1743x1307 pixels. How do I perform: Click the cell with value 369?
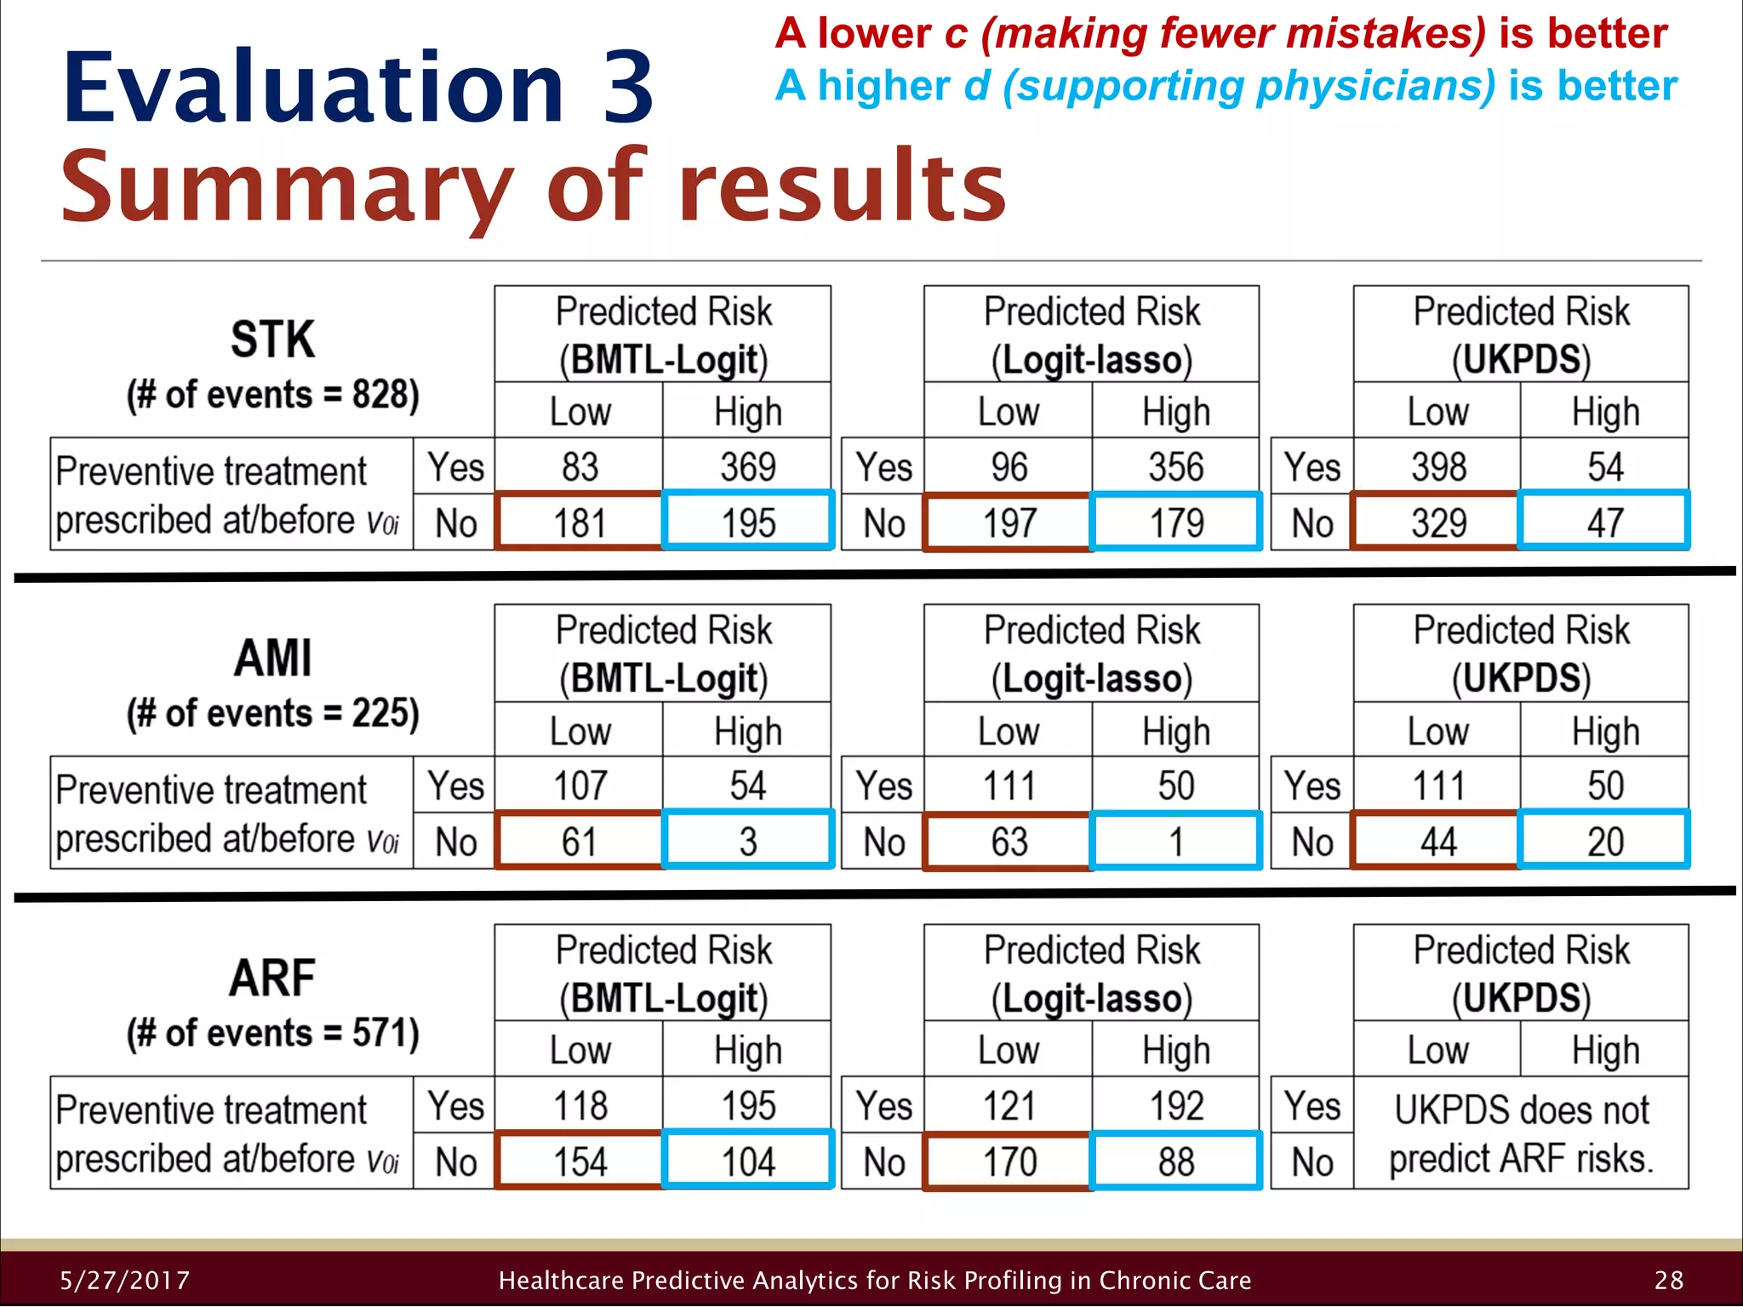pos(748,467)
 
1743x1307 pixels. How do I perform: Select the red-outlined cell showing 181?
pos(580,522)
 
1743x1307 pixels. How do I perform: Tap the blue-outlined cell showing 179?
pos(1176,522)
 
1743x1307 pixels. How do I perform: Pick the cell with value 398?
pos(1438,467)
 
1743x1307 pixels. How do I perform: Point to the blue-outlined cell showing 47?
pos(1605,522)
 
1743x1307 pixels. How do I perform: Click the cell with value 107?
pos(580,785)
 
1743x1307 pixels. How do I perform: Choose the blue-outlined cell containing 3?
pos(748,842)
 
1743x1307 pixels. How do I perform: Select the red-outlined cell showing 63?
pos(1009,842)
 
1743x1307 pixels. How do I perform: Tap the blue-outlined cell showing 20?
pos(1605,842)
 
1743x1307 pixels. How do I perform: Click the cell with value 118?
pos(580,1105)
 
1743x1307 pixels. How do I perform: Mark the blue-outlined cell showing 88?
pos(1176,1161)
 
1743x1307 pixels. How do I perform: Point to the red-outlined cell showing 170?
pos(1009,1161)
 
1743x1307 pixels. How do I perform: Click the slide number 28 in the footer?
pos(1669,1280)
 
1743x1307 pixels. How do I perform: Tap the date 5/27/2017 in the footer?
pos(125,1280)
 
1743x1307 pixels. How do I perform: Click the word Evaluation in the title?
pos(313,88)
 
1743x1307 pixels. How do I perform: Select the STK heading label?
pos(273,339)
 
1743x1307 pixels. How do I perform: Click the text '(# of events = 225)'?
pos(273,713)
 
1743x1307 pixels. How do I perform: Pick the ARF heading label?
pos(273,978)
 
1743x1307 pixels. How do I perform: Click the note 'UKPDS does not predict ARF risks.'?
pos(1521,1133)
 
